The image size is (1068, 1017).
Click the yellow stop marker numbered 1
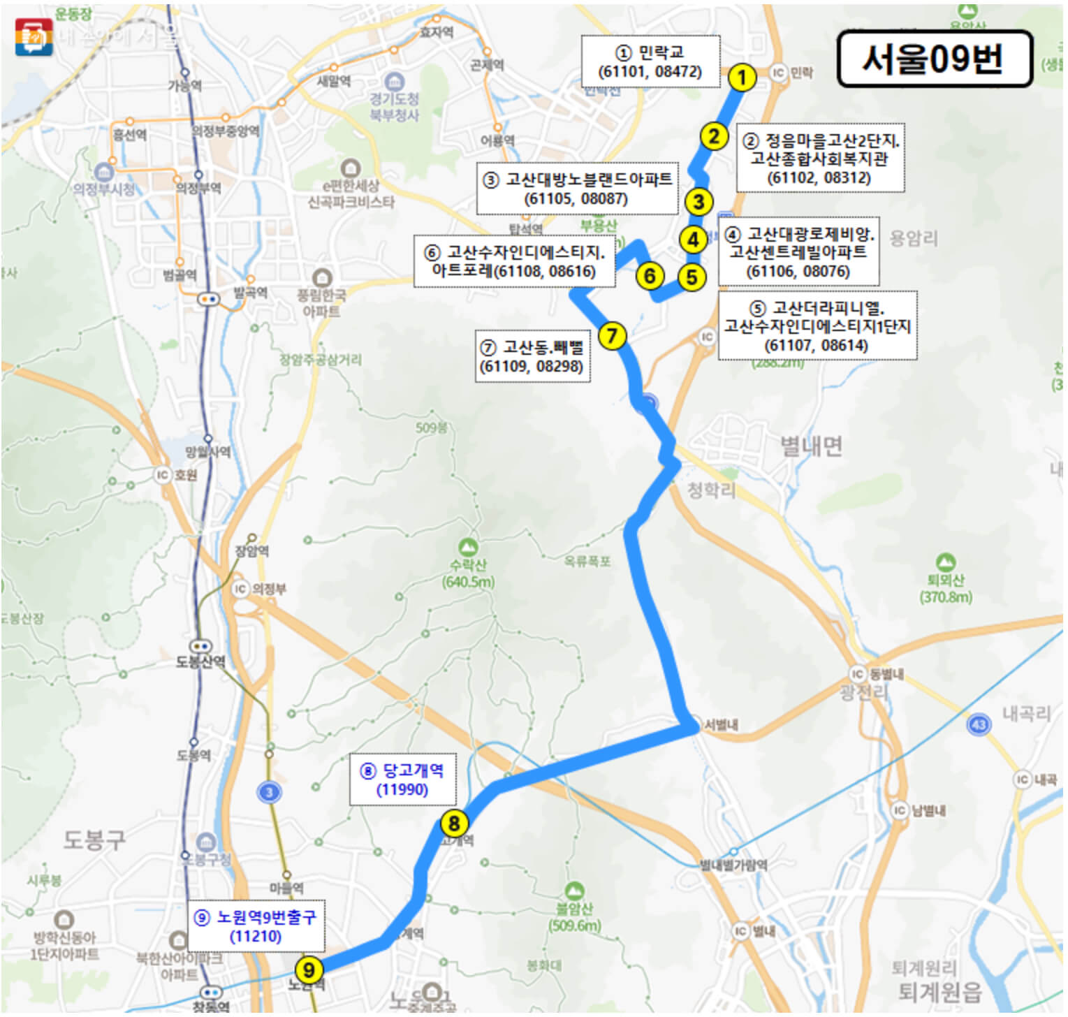coord(743,78)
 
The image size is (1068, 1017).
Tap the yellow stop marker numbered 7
coord(613,336)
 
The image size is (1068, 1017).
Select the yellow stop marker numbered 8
coord(454,824)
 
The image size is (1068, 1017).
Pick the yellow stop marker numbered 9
coord(309,970)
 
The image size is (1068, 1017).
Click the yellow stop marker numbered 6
coord(650,276)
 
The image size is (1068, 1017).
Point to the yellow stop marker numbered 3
coord(698,203)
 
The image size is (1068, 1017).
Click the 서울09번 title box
coord(934,59)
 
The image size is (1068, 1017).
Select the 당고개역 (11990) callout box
coord(402,780)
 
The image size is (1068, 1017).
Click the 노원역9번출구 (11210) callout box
coord(256,926)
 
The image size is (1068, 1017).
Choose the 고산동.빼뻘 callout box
coord(532,356)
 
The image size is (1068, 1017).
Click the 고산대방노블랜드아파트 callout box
coord(577,189)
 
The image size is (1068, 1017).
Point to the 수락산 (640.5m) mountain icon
coord(468,546)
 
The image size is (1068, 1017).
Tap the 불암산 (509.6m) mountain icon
coord(574,891)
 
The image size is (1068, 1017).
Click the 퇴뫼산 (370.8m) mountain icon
coord(946,561)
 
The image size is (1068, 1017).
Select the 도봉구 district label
coord(94,839)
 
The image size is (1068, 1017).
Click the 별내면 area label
coord(811,445)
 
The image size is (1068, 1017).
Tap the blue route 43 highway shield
coord(979,724)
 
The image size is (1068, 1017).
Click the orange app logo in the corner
coord(34,36)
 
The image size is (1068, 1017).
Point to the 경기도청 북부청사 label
coord(394,106)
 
